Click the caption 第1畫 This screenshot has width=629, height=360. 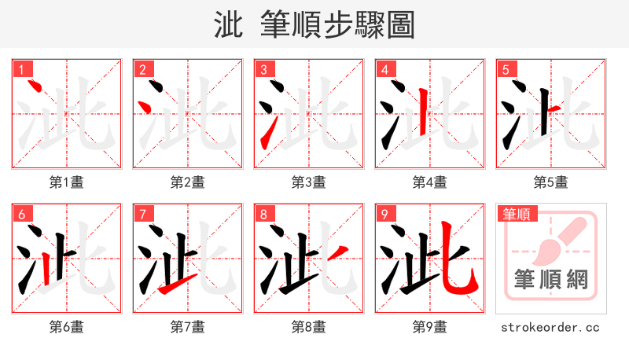tap(66, 182)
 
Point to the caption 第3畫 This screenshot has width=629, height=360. tap(308, 182)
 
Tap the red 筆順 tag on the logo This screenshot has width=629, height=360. tap(515, 214)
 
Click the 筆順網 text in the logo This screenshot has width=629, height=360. tap(550, 278)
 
